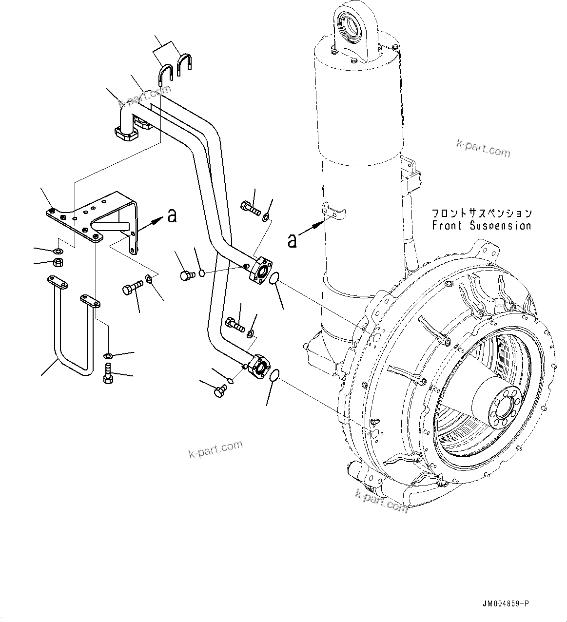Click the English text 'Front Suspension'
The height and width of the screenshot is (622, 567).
pyautogui.click(x=481, y=226)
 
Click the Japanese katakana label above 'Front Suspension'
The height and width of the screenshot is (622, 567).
pyautogui.click(x=481, y=213)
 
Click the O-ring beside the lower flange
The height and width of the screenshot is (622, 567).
pyautogui.click(x=274, y=374)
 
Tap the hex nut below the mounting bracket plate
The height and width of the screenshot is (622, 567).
pyautogui.click(x=57, y=263)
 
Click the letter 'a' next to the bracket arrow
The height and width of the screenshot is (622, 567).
pyautogui.click(x=172, y=215)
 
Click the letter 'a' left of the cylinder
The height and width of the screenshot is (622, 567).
pyautogui.click(x=292, y=240)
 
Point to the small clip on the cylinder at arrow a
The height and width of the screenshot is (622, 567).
pyautogui.click(x=335, y=210)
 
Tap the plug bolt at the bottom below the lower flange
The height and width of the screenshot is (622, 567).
pyautogui.click(x=220, y=390)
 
